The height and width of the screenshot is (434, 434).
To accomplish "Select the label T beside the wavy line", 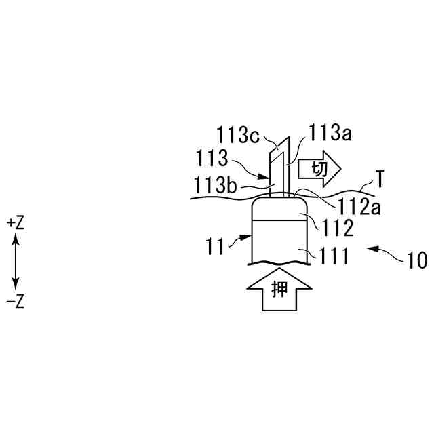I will tap(381, 180).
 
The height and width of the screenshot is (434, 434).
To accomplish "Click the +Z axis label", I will tap(15, 222).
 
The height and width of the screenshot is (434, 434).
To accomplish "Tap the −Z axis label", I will tap(15, 301).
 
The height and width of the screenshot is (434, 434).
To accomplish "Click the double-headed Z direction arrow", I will tap(15, 262).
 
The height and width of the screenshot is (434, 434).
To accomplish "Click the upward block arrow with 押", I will tap(278, 290).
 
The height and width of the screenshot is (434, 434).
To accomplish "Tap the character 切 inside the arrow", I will tap(318, 169).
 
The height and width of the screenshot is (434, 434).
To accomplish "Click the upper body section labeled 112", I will tap(278, 210).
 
